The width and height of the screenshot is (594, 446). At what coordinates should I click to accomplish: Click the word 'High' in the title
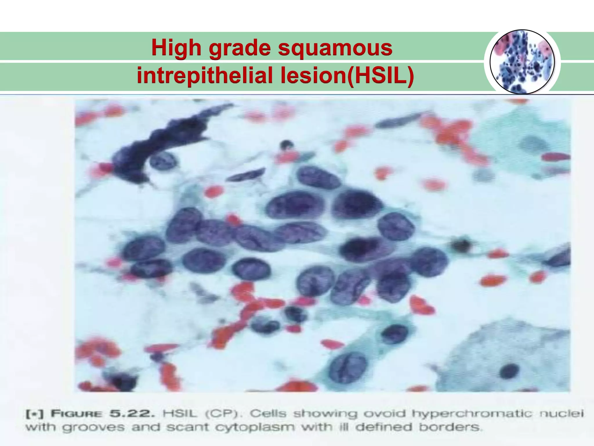[176, 48]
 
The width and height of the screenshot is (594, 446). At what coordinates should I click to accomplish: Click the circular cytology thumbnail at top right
[522, 62]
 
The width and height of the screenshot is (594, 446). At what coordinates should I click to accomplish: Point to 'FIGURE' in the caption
[76, 414]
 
